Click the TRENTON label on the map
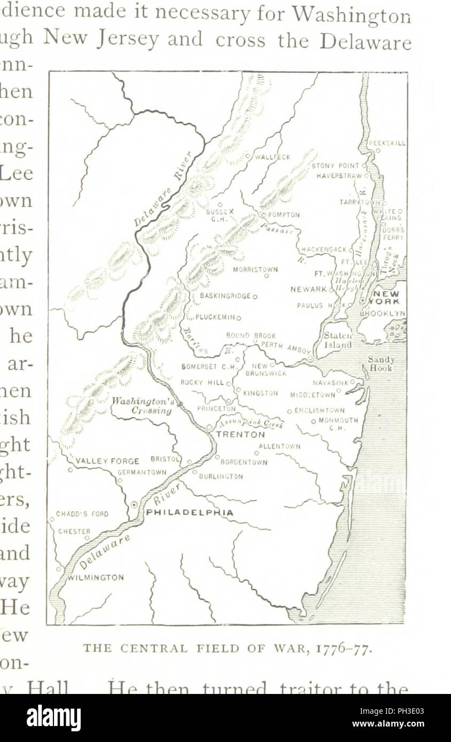coord(240,435)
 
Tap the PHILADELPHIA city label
coord(190,512)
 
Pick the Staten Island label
coord(338,340)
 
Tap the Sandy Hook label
coord(381,364)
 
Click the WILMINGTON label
coord(96,578)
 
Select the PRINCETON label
coord(216,408)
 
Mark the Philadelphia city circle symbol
coord(135,504)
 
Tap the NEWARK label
coord(308,289)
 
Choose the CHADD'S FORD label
coord(82,515)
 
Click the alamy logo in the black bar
coord(53,718)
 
